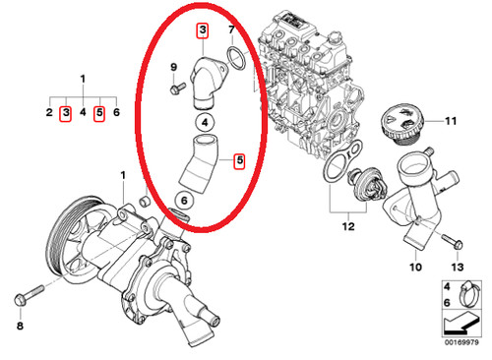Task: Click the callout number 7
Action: point(231,30)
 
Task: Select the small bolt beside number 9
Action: point(178,89)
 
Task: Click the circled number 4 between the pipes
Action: point(205,123)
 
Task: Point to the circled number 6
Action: point(184,200)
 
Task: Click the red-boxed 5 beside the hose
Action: point(240,160)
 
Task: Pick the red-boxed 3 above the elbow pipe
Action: point(203,30)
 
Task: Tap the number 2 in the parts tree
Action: point(49,112)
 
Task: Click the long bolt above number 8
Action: point(29,295)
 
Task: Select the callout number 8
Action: point(20,326)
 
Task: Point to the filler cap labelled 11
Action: point(402,125)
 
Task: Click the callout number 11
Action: point(451,121)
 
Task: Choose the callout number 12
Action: point(348,226)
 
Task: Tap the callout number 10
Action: point(415,267)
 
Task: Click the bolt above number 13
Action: point(453,241)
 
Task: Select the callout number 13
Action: point(458,267)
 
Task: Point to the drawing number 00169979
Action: point(461,342)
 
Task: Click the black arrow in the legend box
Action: point(461,323)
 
